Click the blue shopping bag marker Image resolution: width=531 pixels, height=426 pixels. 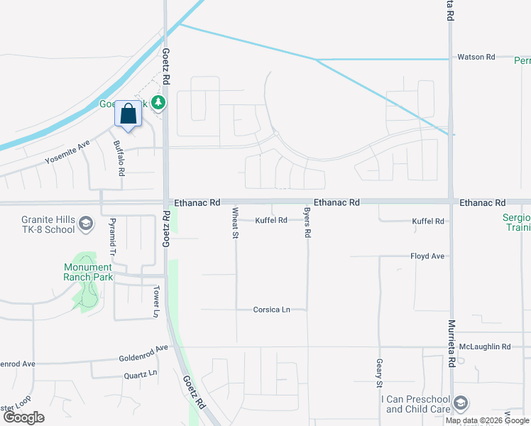pyautogui.click(x=128, y=114)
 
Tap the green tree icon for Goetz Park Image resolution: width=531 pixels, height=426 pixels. pyautogui.click(x=160, y=103)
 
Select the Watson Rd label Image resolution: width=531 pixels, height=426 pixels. pyautogui.click(x=476, y=57)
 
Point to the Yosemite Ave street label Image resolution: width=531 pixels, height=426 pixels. pyautogui.click(x=67, y=153)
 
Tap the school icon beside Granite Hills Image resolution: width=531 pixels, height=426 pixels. pyautogui.click(x=87, y=225)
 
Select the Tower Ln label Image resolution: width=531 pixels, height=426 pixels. pyautogui.click(x=156, y=302)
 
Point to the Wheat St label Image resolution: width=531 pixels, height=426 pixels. pyautogui.click(x=234, y=222)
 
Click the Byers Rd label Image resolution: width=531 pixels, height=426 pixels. pyautogui.click(x=307, y=222)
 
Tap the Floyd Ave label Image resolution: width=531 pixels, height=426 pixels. pyautogui.click(x=427, y=256)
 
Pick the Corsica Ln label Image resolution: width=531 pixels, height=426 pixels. pyautogui.click(x=272, y=310)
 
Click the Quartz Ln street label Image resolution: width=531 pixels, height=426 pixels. pyautogui.click(x=140, y=374)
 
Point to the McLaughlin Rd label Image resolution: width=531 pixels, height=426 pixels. pyautogui.click(x=485, y=346)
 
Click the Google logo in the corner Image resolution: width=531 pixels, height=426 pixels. pyautogui.click(x=23, y=417)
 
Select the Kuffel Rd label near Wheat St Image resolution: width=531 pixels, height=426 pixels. pyautogui.click(x=271, y=220)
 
